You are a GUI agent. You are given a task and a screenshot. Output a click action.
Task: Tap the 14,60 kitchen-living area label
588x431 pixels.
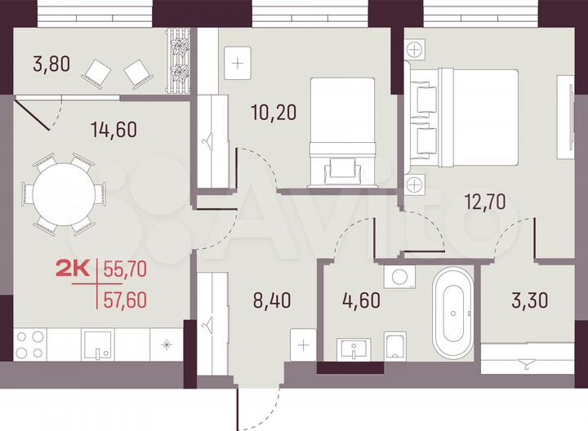(114, 128)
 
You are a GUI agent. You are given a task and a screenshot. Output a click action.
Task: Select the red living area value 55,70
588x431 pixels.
(126, 267)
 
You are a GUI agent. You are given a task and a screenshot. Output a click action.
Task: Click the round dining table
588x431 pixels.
(64, 194)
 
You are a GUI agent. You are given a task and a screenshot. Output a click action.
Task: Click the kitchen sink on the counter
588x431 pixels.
(98, 345)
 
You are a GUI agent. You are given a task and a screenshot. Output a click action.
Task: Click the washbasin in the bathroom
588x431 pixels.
(354, 349)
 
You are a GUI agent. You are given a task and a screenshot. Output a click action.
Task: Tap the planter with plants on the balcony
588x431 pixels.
(177, 62)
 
